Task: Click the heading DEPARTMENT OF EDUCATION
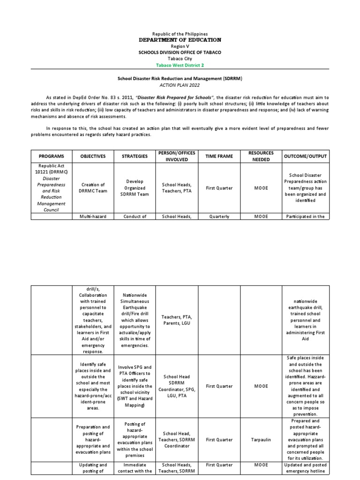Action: coord(180,40)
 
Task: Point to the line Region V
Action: coord(180,47)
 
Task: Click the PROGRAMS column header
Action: coord(51,156)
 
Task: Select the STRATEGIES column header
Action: coord(135,156)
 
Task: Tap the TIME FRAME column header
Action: coord(219,156)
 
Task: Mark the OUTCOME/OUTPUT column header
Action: coord(305,156)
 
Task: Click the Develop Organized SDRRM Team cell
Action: coord(135,188)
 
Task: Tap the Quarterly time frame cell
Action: coord(219,217)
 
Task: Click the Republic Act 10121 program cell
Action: coord(51,169)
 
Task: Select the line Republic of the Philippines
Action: coord(180,34)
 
